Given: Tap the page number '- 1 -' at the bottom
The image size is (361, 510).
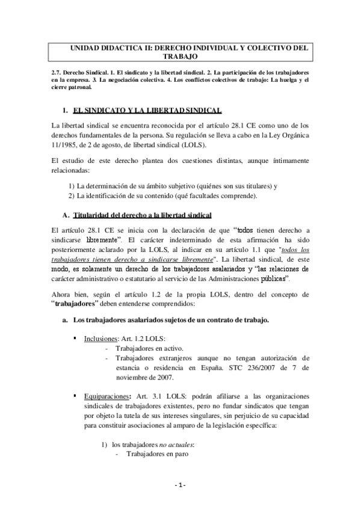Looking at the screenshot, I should click(x=180, y=485).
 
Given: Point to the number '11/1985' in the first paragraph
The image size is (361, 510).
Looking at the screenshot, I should click(x=66, y=146).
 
